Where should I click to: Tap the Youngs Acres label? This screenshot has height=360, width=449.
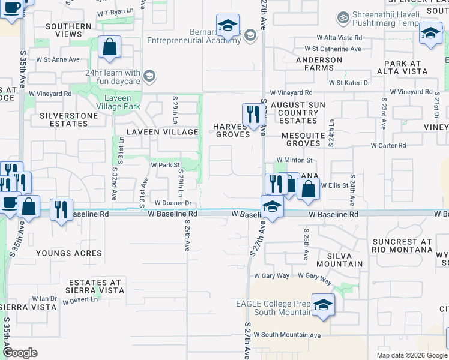pyautogui.click(x=68, y=253)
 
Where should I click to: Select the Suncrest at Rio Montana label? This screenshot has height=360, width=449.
pyautogui.click(x=402, y=246)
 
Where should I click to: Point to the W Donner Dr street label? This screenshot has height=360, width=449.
pyautogui.click(x=172, y=203)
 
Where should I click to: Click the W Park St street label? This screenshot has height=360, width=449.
pyautogui.click(x=165, y=164)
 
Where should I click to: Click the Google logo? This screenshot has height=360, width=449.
pyautogui.click(x=20, y=353)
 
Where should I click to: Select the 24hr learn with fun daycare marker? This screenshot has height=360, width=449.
pyautogui.click(x=149, y=76)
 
